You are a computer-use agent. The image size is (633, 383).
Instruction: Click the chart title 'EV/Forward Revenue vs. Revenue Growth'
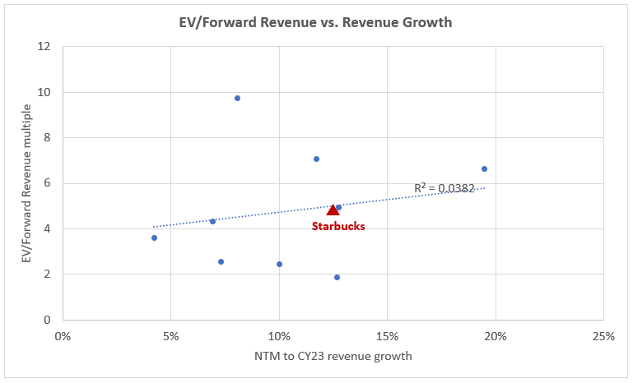coord(317,22)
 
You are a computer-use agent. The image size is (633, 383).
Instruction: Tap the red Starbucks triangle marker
coord(333,210)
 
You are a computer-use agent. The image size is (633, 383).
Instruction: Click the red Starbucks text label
coord(337,225)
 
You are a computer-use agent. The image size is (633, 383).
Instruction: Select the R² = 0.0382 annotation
coord(444,188)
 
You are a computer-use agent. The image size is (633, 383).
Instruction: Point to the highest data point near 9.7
coord(237,98)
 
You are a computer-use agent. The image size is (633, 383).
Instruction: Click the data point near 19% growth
coord(484,168)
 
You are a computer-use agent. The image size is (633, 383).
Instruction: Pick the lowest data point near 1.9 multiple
coord(337,277)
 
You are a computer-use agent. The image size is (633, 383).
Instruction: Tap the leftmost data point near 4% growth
coord(154,238)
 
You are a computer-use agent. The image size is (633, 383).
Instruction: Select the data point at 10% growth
coord(279,264)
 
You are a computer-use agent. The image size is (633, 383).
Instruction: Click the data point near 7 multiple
coord(316,159)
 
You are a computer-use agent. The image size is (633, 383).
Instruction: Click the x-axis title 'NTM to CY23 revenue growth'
coord(333,356)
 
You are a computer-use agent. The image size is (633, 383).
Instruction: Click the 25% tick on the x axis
coord(603,335)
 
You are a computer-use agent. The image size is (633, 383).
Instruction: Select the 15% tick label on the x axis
coord(387,335)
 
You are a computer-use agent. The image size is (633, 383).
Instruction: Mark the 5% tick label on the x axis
coord(170,335)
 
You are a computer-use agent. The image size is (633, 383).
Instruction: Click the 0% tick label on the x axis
coord(63,335)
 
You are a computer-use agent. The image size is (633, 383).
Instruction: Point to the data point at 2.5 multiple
coord(221,261)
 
